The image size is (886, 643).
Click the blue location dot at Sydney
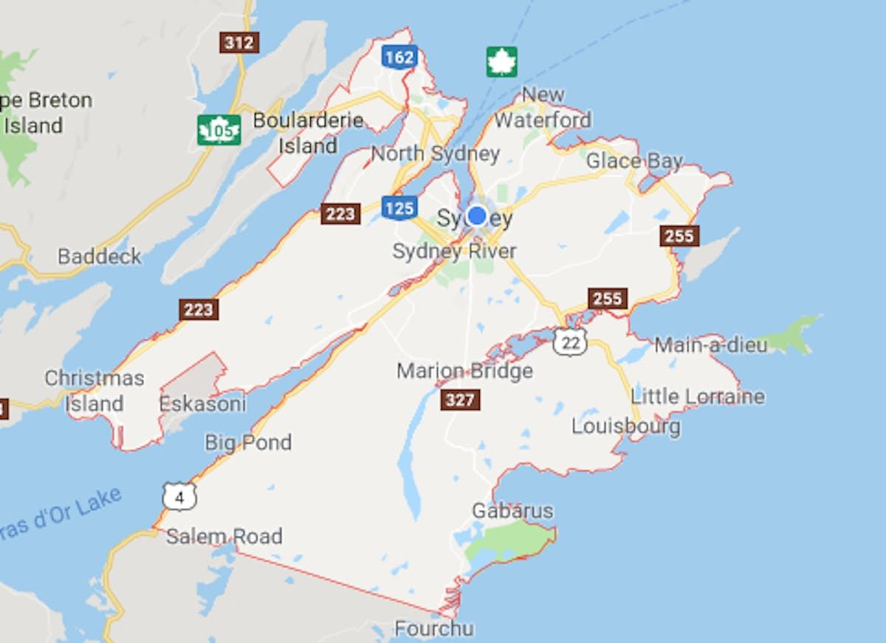477,216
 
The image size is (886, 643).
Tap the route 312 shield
239,43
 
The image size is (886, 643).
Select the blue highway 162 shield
399,56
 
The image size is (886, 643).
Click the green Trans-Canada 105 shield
219,131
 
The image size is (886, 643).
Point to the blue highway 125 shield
399,207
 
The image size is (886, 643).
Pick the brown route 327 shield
460,399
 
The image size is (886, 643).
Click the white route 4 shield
179,497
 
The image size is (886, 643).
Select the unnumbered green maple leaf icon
501,61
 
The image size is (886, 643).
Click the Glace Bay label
635,161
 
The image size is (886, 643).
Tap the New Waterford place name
543,107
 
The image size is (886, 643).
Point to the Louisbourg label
626,426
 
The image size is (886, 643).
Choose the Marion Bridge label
464,371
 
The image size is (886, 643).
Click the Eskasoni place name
203,405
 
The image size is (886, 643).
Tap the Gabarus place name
512,510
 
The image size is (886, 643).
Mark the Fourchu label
433,629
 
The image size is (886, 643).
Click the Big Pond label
248,442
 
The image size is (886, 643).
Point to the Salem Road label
224,536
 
